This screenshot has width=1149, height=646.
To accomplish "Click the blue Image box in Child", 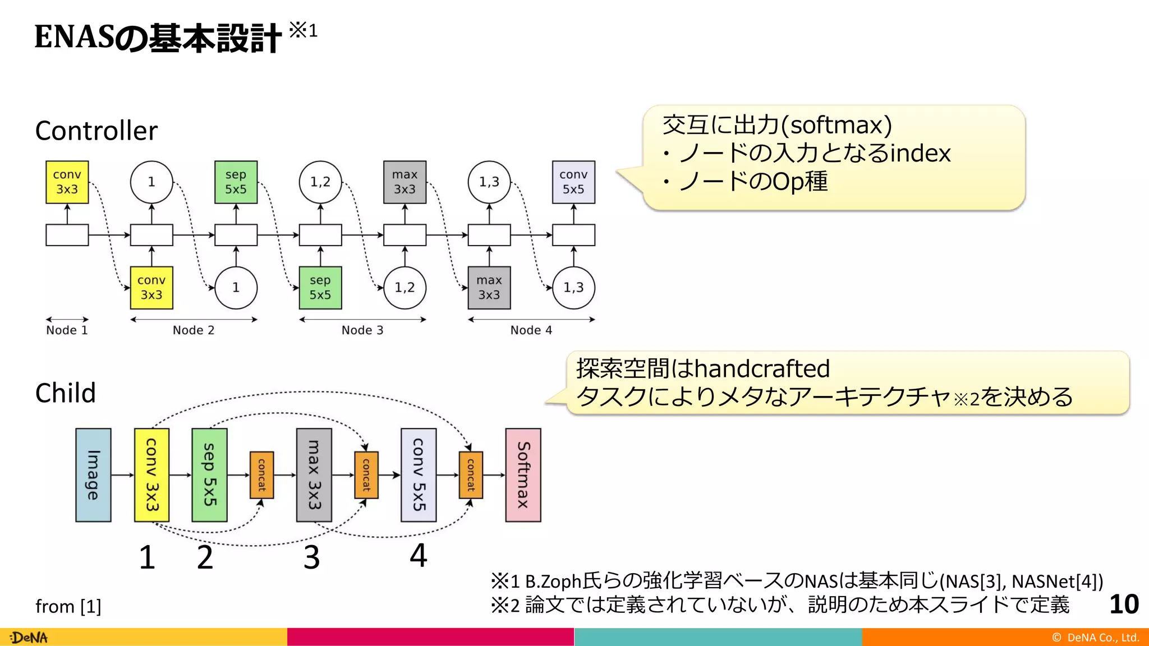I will pyautogui.click(x=93, y=475).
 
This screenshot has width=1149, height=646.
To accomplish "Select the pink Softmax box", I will pyautogui.click(x=523, y=475).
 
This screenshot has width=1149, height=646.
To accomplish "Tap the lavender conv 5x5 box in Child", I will pyautogui.click(x=419, y=475).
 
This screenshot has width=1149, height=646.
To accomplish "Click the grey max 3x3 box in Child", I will pyautogui.click(x=314, y=475).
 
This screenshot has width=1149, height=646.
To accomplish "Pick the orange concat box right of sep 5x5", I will pyautogui.click(x=261, y=475).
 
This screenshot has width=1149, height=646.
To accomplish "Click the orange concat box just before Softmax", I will pyautogui.click(x=471, y=475).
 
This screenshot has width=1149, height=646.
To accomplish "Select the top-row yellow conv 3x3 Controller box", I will pyautogui.click(x=67, y=182).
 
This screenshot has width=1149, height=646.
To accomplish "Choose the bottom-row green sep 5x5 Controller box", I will pyautogui.click(x=320, y=288).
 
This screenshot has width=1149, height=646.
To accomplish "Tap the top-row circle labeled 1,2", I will pyautogui.click(x=320, y=182).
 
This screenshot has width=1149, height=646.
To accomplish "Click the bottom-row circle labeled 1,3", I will pyautogui.click(x=573, y=288).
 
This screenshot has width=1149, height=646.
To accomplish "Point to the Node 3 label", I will pyautogui.click(x=362, y=330).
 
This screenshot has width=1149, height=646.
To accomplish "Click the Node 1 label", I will pyautogui.click(x=67, y=330).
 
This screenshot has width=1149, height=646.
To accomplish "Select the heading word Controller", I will pyautogui.click(x=96, y=131).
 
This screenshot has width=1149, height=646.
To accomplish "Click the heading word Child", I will pyautogui.click(x=66, y=393).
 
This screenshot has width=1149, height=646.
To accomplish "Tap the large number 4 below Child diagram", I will pyautogui.click(x=419, y=555).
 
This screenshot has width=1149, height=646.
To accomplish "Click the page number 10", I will pyautogui.click(x=1124, y=605).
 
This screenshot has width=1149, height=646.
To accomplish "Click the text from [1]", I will pyautogui.click(x=68, y=607).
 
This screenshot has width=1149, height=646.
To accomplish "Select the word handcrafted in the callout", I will pyautogui.click(x=762, y=369).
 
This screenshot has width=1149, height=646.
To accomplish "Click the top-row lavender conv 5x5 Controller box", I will pyautogui.click(x=573, y=182).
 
